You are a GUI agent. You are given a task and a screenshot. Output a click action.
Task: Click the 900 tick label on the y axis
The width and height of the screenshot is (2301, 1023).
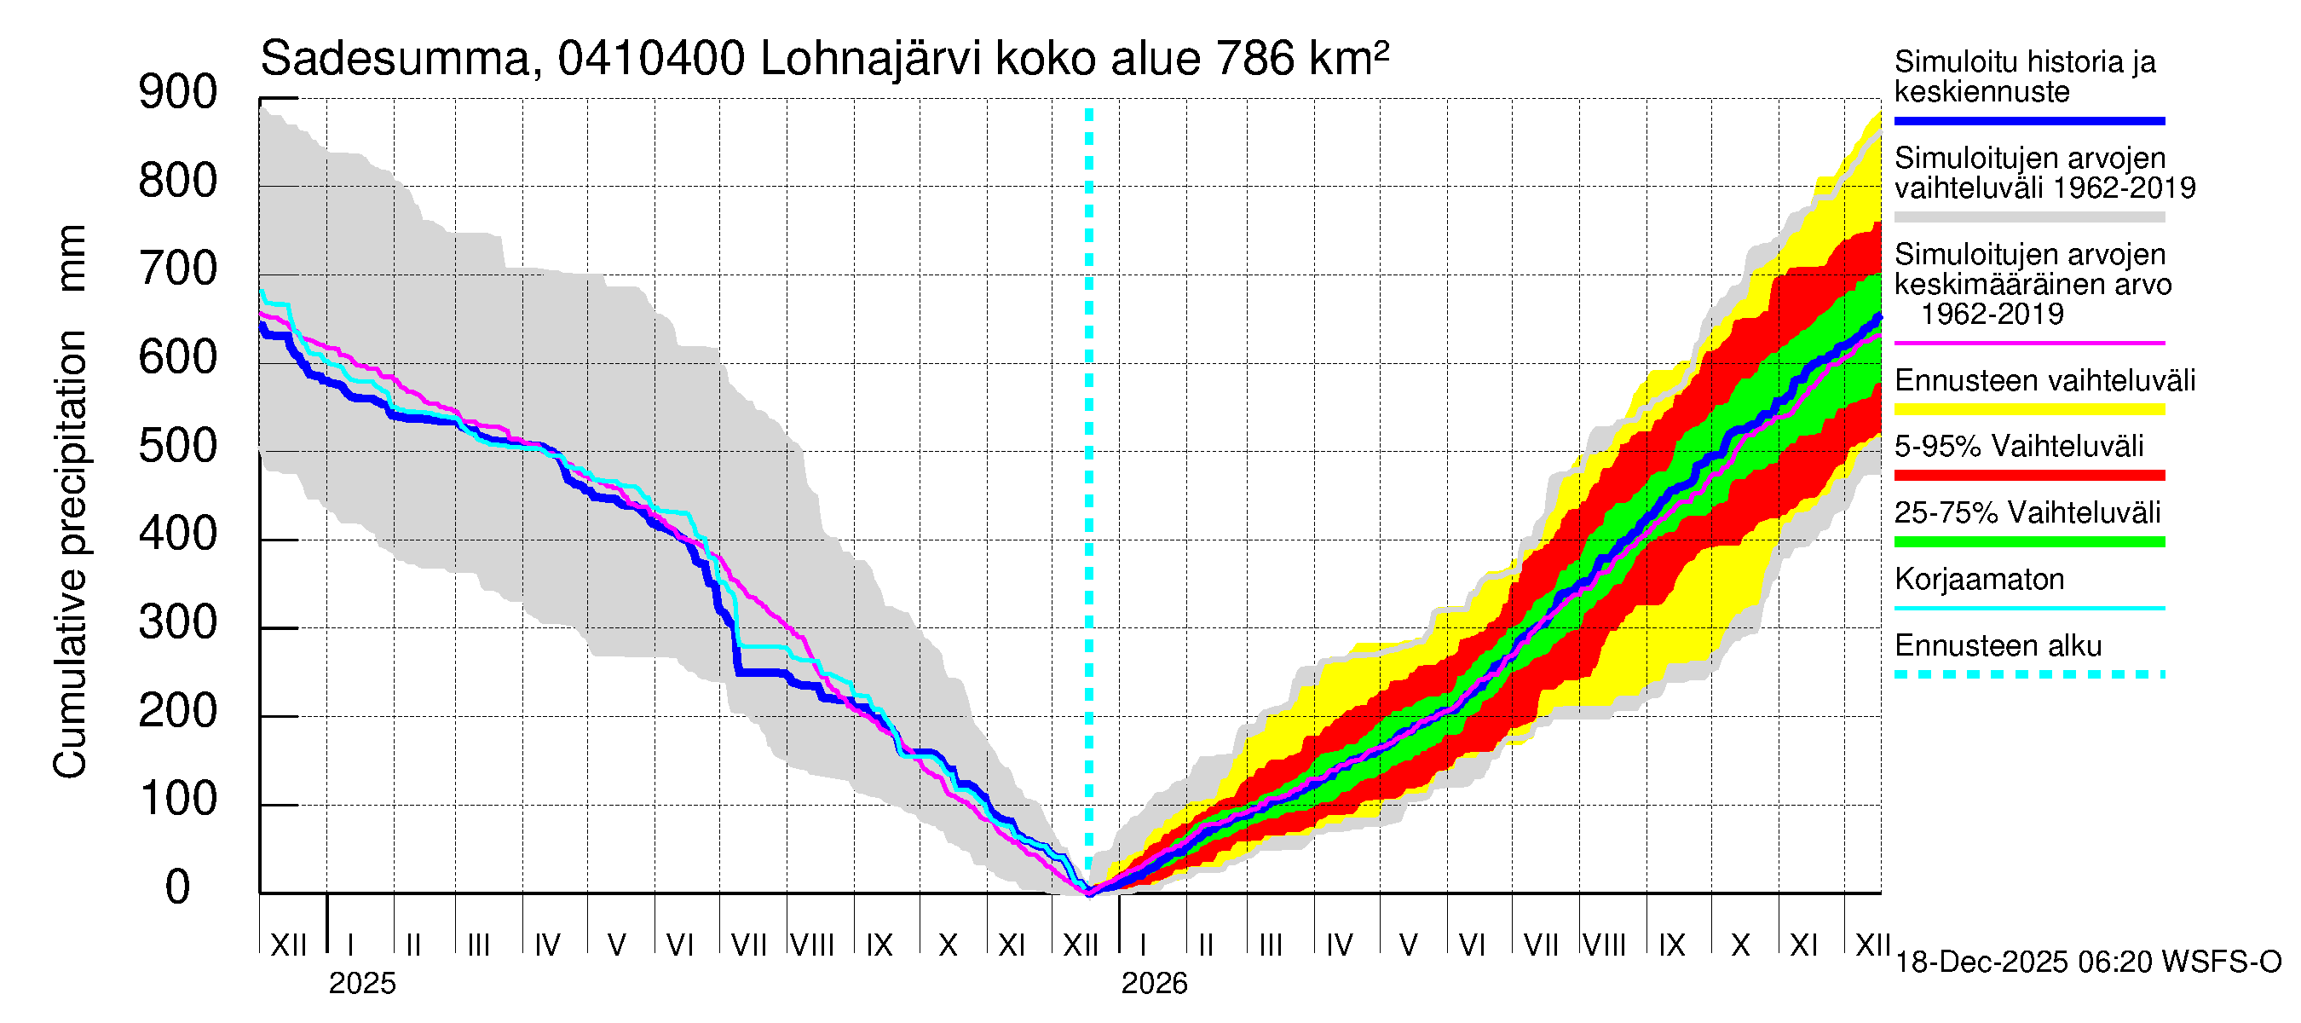click(178, 93)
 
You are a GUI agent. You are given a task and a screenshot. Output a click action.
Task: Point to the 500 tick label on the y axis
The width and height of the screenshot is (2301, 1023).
click(178, 446)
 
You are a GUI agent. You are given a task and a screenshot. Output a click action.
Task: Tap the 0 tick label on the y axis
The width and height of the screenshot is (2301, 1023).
click(178, 887)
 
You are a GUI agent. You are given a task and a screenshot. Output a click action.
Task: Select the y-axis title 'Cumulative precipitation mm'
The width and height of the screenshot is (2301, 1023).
click(71, 500)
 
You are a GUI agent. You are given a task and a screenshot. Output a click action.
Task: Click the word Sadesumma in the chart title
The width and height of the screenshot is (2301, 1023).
click(395, 60)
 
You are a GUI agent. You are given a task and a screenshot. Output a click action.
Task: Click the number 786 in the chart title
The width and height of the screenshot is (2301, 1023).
click(1254, 60)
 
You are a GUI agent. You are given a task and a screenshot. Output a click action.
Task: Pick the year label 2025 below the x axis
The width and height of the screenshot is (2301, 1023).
click(361, 984)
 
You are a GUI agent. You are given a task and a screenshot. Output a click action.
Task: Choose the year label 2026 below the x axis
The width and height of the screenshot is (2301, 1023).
click(1154, 984)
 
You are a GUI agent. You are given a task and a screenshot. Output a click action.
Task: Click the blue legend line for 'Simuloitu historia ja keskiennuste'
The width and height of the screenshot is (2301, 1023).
click(2028, 120)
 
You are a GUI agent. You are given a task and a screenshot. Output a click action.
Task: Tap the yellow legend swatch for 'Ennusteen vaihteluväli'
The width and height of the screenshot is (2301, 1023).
click(2028, 409)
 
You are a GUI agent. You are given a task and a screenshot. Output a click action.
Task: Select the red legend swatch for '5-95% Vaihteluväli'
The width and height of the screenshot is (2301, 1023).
click(2028, 476)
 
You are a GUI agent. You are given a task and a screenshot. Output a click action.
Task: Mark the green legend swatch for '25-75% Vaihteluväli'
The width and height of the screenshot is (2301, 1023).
click(2028, 541)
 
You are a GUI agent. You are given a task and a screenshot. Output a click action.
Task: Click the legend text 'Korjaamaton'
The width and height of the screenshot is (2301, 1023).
click(1979, 580)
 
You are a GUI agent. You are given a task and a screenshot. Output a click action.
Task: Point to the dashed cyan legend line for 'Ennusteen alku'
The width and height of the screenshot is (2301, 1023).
click(2028, 674)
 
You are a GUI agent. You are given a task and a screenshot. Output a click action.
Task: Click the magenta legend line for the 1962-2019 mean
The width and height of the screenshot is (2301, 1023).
click(2028, 343)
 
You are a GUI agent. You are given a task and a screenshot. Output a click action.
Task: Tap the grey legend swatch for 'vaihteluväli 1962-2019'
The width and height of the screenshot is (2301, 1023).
click(2028, 217)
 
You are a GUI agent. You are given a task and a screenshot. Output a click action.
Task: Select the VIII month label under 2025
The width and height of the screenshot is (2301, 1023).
click(813, 945)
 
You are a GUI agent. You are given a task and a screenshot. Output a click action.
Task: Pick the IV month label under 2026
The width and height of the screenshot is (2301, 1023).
click(1339, 945)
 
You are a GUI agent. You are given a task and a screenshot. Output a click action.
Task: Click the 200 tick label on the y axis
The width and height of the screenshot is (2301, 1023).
click(178, 711)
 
